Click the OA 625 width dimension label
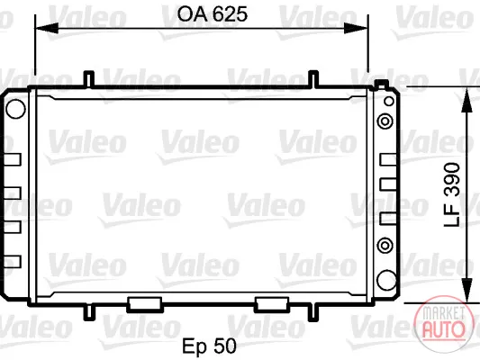pos(213,14)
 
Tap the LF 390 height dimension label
pos(452,194)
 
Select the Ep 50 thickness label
pos(210,346)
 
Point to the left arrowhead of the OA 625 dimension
pos(47,28)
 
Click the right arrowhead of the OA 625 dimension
pos(356,28)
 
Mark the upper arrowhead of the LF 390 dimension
pos(466,99)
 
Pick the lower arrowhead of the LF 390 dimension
pos(466,291)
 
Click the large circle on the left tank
pos(15,109)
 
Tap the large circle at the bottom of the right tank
pos(386,280)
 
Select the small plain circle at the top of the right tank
pos(389,101)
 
